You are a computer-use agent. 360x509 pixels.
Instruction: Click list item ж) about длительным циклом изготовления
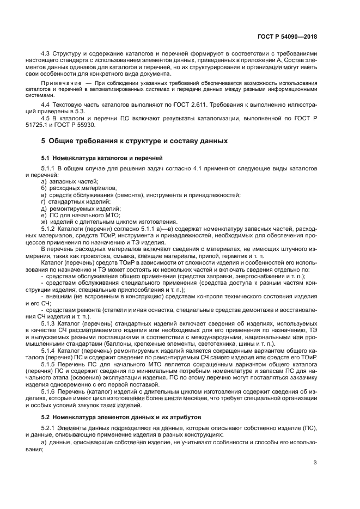109,222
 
